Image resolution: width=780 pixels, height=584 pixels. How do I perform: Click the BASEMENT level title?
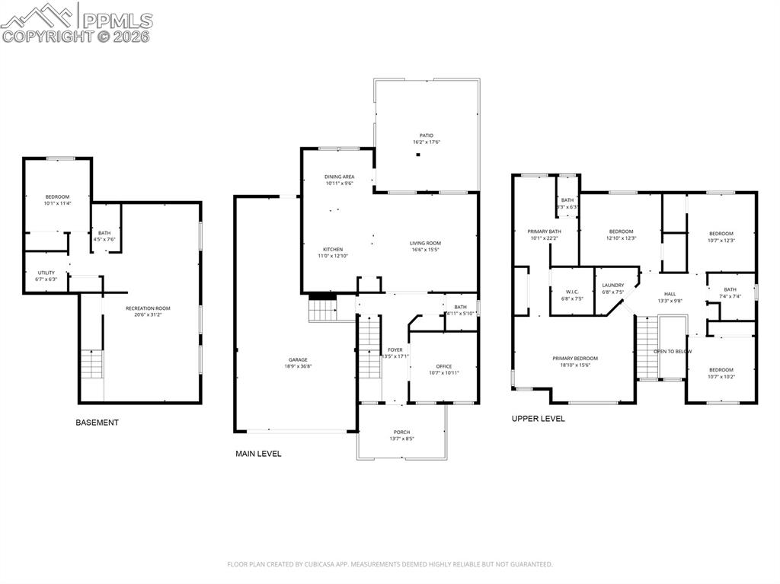click(97, 423)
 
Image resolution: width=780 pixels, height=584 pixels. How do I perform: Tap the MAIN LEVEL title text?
click(258, 454)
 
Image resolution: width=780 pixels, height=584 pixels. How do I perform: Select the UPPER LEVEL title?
click(538, 419)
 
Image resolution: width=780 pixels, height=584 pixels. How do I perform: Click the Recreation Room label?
click(148, 308)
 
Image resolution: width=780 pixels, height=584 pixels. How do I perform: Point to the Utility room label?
click(46, 273)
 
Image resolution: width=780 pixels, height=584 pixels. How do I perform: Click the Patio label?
click(427, 136)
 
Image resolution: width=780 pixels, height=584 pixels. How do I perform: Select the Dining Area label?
click(339, 177)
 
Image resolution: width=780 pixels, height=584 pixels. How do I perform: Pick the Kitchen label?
click(332, 250)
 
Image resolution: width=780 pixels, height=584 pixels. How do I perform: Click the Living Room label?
click(427, 243)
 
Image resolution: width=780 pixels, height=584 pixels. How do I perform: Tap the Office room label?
click(444, 366)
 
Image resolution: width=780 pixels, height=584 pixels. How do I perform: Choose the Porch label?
click(401, 432)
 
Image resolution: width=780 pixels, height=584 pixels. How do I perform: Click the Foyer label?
click(395, 349)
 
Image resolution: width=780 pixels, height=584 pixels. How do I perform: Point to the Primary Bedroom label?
click(575, 358)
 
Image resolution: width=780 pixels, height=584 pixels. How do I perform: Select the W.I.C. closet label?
click(573, 292)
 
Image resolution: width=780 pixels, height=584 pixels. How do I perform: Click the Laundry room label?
click(613, 286)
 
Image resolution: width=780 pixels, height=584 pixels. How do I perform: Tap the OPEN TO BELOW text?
click(673, 352)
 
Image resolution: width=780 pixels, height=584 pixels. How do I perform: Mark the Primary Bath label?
click(545, 231)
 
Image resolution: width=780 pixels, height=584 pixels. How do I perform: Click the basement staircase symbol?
click(91, 364)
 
